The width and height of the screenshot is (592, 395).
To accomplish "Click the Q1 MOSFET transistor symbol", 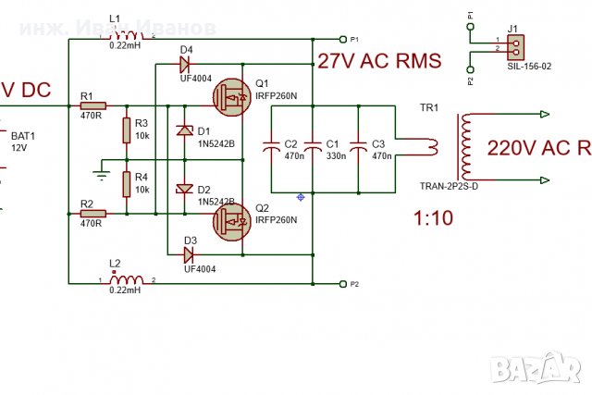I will coord(229,95).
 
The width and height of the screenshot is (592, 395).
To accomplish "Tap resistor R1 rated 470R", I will coord(92,106).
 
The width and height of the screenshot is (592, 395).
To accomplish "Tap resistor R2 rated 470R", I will coord(92,213).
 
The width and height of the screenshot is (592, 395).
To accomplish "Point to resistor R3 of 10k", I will coord(126,130).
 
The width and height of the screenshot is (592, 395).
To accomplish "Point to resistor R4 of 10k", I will coord(126,184).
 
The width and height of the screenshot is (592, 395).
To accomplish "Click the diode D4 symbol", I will coord(183,65).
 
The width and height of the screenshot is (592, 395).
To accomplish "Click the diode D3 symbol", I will coord(189,253).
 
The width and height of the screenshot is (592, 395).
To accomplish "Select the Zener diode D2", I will coord(183,189).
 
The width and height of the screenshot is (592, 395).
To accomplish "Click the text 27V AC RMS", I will coord(378,62).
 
